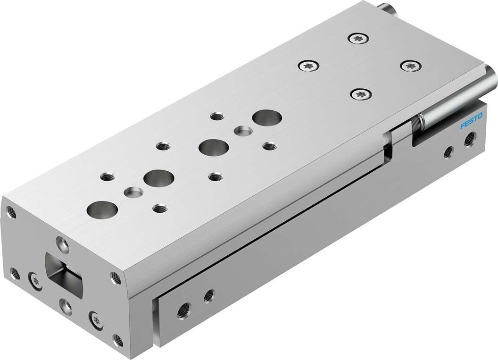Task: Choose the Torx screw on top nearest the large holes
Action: tap(360, 94)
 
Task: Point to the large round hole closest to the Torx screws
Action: tap(266, 117)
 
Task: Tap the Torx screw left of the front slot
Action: tap(35, 280)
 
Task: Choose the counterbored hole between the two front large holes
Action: tap(133, 192)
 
